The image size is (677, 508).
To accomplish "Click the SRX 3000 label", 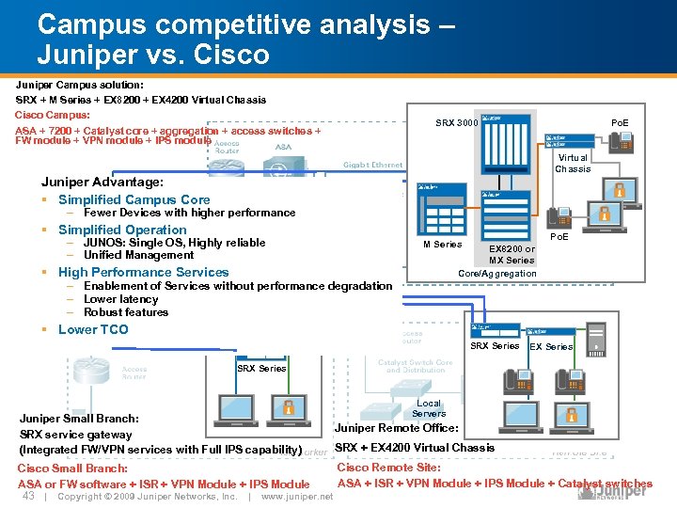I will pyautogui.click(x=456, y=123).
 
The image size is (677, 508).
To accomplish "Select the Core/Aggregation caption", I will pyautogui.click(x=496, y=274).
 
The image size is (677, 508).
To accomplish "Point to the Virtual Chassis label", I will pyautogui.click(x=573, y=164).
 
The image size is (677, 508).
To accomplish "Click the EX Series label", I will pyautogui.click(x=551, y=347).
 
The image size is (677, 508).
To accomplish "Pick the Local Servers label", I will pyautogui.click(x=428, y=408).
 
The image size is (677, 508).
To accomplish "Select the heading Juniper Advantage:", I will pyautogui.click(x=102, y=181).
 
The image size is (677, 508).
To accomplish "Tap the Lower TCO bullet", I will pyautogui.click(x=92, y=329).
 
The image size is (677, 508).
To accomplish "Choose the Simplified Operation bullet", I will pyautogui.click(x=122, y=230).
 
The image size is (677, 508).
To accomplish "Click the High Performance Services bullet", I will pyautogui.click(x=143, y=272).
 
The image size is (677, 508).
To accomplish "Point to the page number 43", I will pyautogui.click(x=28, y=496).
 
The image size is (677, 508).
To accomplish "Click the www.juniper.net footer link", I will pyautogui.click(x=297, y=497).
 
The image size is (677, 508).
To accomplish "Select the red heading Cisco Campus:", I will pyautogui.click(x=53, y=115).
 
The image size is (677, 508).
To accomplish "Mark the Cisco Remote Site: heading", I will pyautogui.click(x=388, y=468).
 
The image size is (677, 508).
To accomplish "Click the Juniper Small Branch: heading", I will pyautogui.click(x=79, y=419).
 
